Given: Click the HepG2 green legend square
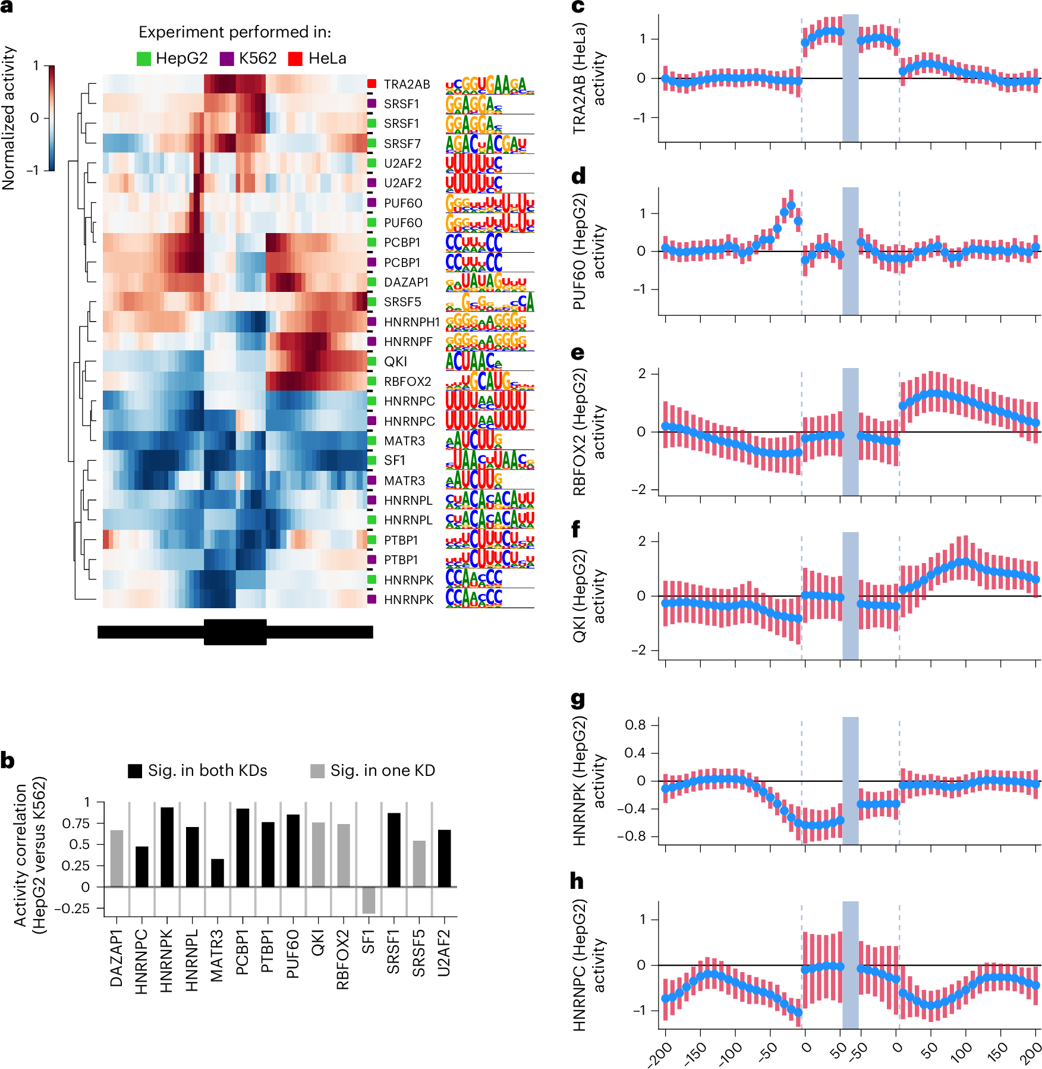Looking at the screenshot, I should pyautogui.click(x=143, y=59).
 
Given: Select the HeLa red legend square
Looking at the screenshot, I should pyautogui.click(x=295, y=59).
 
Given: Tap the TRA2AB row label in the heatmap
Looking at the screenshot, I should pyautogui.click(x=407, y=84).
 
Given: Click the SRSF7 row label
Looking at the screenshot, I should pyautogui.click(x=402, y=144).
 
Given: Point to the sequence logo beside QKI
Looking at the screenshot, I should pyautogui.click(x=474, y=361).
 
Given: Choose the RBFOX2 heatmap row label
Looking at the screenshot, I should pyautogui.click(x=407, y=382).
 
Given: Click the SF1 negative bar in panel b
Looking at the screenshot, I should pyautogui.click(x=369, y=900).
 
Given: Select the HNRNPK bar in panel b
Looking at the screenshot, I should pyautogui.click(x=167, y=847).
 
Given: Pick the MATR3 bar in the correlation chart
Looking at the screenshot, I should pyautogui.click(x=218, y=872).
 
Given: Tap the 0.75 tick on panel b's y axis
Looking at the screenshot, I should pyautogui.click(x=75, y=823).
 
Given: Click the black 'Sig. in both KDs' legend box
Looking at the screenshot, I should pyautogui.click(x=135, y=771).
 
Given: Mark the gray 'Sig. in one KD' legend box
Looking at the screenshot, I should pyautogui.click(x=317, y=771).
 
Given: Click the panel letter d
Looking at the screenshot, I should pyautogui.click(x=578, y=176).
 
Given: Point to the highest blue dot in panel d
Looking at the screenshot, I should pyautogui.click(x=791, y=205).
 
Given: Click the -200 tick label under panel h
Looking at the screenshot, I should pyautogui.click(x=660, y=1054).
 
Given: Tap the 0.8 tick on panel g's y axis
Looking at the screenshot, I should pyautogui.click(x=635, y=725).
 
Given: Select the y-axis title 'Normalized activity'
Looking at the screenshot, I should pyautogui.click(x=8, y=118).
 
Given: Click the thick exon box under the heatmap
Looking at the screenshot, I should pyautogui.click(x=235, y=632).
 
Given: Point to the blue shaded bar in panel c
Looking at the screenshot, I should pyautogui.click(x=850, y=78).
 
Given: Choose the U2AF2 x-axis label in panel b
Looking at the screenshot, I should pyautogui.click(x=444, y=953).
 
